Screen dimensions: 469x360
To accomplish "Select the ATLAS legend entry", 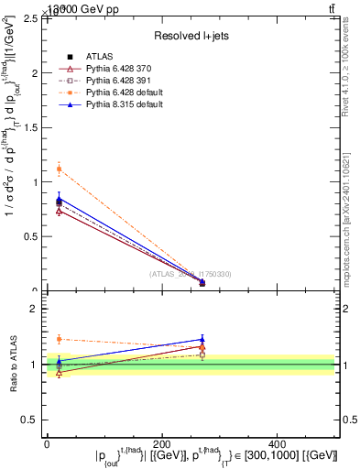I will (101, 58).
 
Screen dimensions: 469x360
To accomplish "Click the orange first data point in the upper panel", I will (59, 169).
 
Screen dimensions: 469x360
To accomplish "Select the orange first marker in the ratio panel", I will (59, 339).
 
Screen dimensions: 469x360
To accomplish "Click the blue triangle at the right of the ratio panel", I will (202, 340).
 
